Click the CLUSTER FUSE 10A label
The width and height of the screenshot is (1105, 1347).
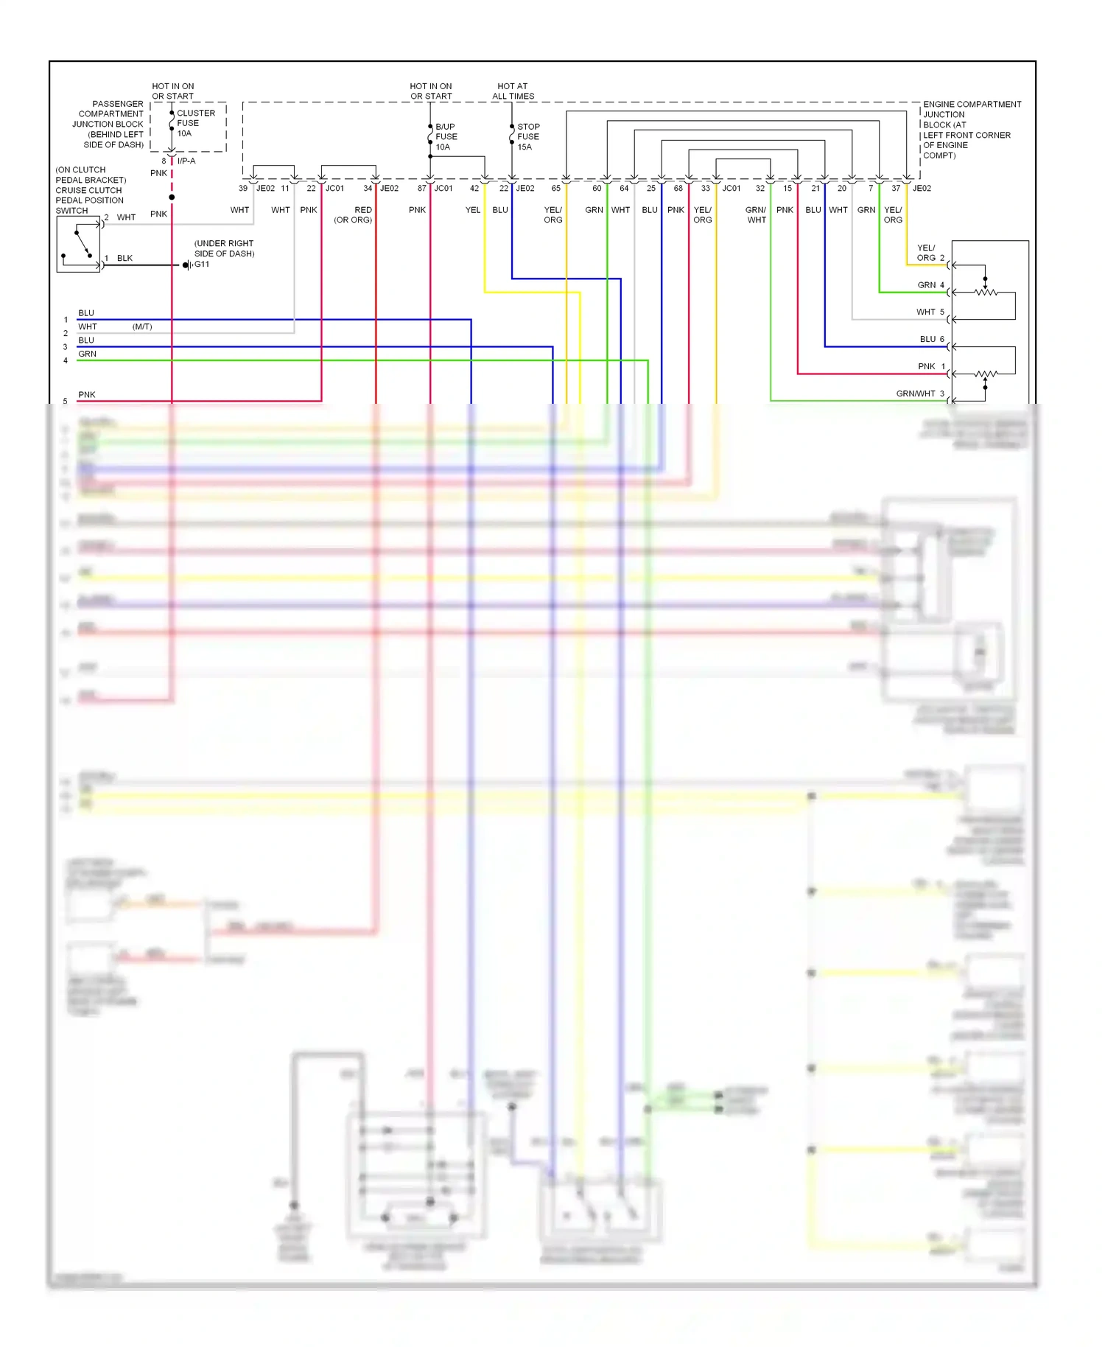click(x=194, y=123)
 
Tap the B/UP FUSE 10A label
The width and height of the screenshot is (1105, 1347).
click(x=446, y=136)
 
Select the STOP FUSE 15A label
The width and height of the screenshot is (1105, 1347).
click(x=527, y=136)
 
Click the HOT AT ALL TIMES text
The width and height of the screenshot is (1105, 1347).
click(x=513, y=91)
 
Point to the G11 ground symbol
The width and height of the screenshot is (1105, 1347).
click(x=189, y=265)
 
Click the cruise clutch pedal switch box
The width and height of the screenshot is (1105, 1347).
click(x=78, y=245)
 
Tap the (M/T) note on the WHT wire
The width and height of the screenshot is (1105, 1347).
click(x=142, y=326)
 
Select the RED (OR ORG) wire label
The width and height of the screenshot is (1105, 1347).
click(x=354, y=214)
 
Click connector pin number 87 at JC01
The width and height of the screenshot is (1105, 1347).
click(x=421, y=189)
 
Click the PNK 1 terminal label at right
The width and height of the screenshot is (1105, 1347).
click(x=930, y=366)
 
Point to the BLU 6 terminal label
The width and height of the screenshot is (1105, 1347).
click(x=931, y=339)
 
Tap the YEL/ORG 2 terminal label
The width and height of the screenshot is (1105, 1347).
click(x=930, y=253)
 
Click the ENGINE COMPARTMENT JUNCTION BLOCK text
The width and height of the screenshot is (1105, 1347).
click(x=971, y=130)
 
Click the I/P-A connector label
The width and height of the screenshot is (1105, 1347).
click(x=186, y=161)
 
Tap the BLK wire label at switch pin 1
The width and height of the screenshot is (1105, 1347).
click(x=124, y=258)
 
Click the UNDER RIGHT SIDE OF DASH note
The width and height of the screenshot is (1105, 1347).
click(x=224, y=248)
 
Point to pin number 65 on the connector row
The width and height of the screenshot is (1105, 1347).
click(x=555, y=189)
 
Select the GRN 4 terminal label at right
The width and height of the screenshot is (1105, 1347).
click(x=930, y=285)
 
